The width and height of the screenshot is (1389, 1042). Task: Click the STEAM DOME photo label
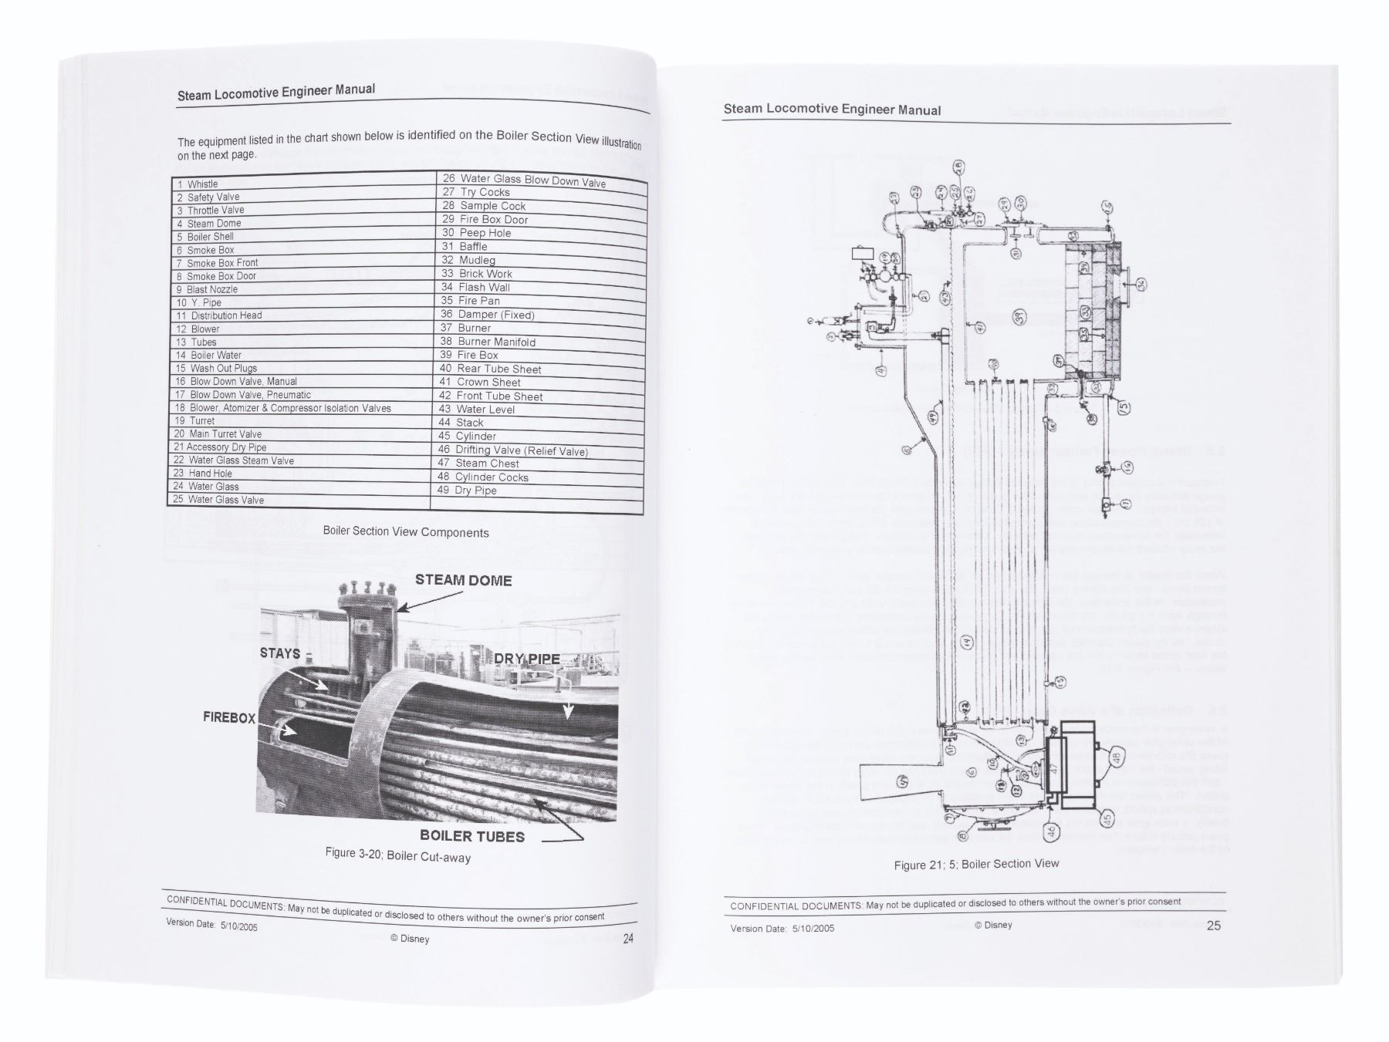pos(463,581)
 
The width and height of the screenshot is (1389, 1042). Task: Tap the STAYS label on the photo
pos(280,654)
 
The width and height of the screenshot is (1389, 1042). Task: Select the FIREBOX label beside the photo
pos(229,718)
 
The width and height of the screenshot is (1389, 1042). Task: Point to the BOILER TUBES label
pos(471,837)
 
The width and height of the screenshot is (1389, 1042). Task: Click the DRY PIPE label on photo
pos(527,659)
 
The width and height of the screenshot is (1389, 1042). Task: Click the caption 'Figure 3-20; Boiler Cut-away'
pos(397,855)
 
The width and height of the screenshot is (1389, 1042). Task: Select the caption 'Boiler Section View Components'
pos(405,532)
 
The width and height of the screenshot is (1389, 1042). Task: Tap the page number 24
pos(628,939)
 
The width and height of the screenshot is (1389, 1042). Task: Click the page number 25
pos(1213,926)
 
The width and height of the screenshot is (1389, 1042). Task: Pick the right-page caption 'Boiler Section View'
pos(976,865)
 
